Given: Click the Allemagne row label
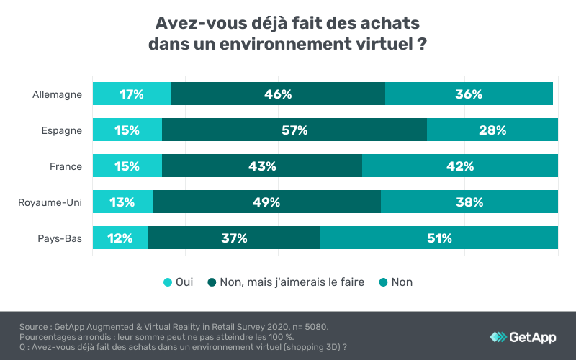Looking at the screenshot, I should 57,94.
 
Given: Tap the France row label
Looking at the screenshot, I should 66,166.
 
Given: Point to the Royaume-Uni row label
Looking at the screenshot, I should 50,202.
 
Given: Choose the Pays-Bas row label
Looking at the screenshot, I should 60,238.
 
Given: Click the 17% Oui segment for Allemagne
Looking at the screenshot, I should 132,94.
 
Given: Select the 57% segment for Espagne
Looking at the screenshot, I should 294,130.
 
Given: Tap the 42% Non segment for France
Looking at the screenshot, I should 460,166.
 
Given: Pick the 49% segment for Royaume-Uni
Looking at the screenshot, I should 266,202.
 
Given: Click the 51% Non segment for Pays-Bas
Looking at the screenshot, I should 439,238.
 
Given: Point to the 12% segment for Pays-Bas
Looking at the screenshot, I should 120,238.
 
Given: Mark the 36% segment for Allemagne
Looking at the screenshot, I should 469,94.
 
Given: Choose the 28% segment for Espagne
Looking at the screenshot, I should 492,130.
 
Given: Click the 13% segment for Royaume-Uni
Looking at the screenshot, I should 122,202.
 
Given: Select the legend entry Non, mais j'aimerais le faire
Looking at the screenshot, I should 286,282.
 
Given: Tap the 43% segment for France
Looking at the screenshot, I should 262,166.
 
